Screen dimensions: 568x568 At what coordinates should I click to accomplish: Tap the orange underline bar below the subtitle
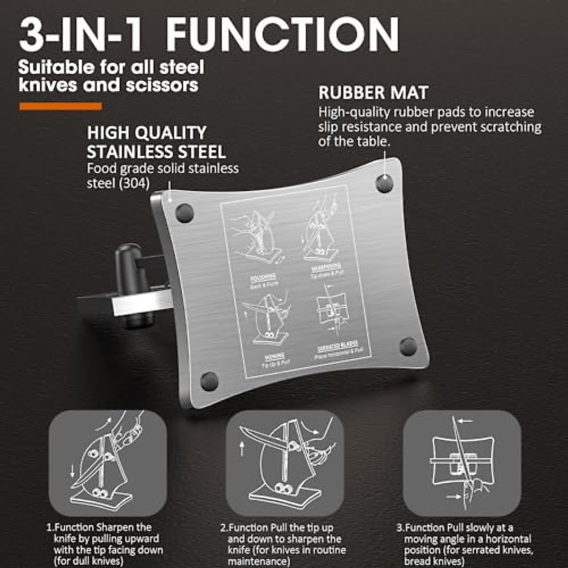click(x=61, y=106)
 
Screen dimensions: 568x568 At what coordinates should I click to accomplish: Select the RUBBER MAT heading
click(x=373, y=93)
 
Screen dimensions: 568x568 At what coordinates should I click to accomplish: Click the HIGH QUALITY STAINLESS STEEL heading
click(x=156, y=142)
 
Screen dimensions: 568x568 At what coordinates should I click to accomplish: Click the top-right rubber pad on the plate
click(x=384, y=183)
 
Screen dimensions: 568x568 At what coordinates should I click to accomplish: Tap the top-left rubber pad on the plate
click(x=184, y=213)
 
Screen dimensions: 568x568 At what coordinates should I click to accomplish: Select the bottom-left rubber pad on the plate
click(x=209, y=381)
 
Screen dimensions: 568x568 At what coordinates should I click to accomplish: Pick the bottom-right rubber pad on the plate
click(x=408, y=346)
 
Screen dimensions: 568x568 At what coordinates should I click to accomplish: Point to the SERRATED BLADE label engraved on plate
click(x=337, y=345)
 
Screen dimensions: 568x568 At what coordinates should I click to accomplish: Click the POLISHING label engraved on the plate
click(x=263, y=278)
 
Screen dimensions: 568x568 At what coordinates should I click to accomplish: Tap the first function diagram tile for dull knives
click(x=108, y=463)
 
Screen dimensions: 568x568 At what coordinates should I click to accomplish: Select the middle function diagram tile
click(x=285, y=463)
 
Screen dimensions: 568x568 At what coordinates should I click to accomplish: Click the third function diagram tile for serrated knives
click(x=461, y=463)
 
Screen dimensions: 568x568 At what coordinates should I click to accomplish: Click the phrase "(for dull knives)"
click(x=88, y=561)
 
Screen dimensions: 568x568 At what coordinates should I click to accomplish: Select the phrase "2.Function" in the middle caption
click(x=244, y=527)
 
